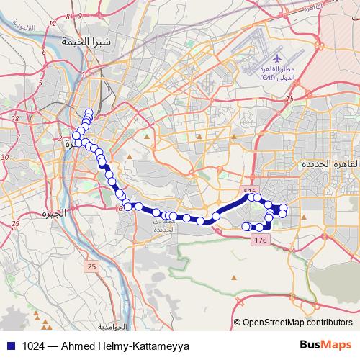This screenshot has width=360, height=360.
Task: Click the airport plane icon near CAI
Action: click(x=278, y=57)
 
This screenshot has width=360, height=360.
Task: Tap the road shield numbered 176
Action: click(x=261, y=240)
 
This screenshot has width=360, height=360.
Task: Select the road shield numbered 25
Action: click(x=91, y=267)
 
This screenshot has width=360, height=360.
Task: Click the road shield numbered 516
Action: click(x=250, y=191)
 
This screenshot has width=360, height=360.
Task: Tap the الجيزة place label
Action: click(x=53, y=213)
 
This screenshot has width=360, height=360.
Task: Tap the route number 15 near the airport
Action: click(x=291, y=99)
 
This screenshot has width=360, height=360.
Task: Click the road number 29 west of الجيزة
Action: click(x=14, y=224)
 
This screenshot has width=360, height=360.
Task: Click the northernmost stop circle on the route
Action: click(x=89, y=112)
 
